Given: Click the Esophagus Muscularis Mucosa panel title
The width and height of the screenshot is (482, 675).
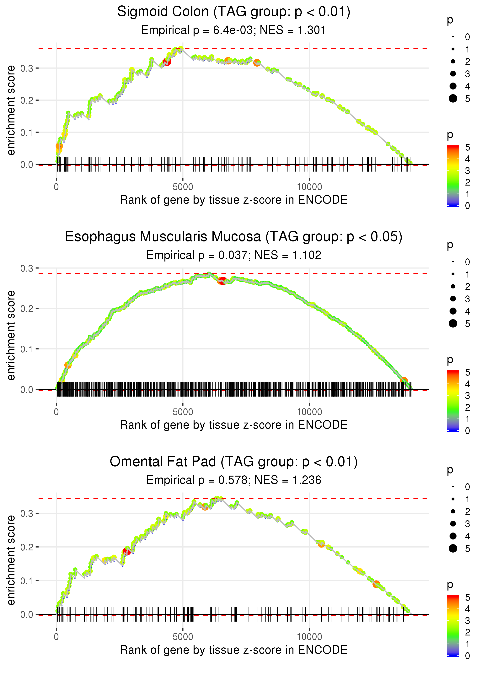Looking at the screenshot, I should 234,237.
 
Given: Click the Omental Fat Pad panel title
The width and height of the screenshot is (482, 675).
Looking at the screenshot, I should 234,462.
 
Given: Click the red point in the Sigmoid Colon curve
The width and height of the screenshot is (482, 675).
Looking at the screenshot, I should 167,62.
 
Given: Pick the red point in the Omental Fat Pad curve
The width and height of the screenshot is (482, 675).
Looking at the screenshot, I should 127,551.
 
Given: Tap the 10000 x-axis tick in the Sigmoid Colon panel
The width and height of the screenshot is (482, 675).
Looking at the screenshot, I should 309,187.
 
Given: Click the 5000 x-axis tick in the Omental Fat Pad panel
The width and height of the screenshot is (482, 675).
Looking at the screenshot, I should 183,637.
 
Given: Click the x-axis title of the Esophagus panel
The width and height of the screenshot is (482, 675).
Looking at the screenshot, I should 234,425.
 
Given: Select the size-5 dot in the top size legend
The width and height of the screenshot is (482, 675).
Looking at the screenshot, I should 453,99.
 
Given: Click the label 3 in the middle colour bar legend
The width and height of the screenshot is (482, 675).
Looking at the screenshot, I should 468,396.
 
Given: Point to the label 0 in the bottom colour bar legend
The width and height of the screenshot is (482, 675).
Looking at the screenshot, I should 468,656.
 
